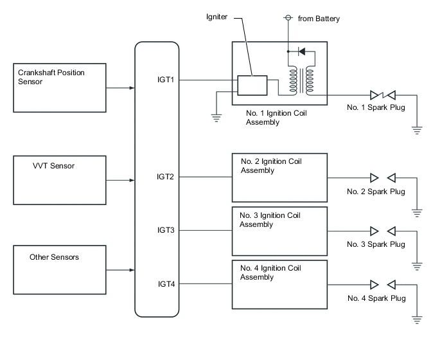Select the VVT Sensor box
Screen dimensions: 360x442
60,179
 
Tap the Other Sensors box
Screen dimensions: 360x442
60,269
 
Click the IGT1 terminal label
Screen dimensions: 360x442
165,80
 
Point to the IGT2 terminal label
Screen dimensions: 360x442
165,176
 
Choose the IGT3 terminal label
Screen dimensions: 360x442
165,230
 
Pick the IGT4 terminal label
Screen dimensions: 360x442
165,283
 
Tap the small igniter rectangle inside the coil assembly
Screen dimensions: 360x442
252,85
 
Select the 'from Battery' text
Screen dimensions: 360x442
319,19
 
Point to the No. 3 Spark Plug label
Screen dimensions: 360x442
376,244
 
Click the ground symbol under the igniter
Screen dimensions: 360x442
217,118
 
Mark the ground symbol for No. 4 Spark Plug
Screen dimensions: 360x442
417,318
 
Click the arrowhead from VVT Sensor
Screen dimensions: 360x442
132,180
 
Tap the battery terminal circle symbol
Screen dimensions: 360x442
288,19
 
